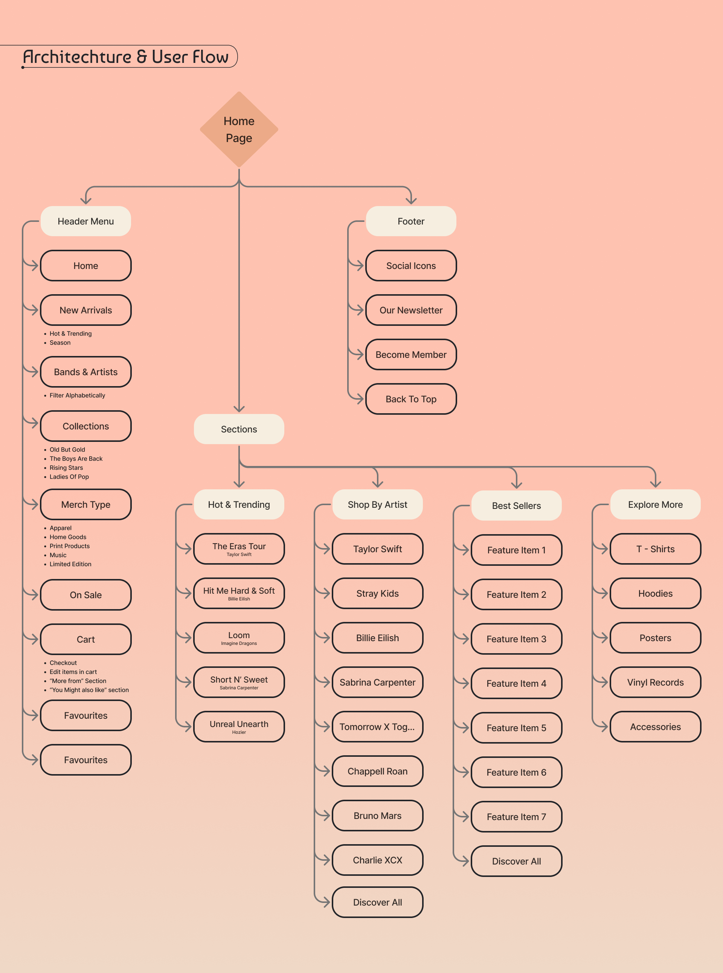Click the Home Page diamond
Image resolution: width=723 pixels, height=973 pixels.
(x=239, y=130)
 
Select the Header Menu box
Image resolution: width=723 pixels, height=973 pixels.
(x=86, y=221)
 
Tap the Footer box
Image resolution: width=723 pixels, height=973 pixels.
(x=410, y=221)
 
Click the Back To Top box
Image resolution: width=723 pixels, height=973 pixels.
(x=410, y=399)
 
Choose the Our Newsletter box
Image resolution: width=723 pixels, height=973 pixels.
(x=410, y=310)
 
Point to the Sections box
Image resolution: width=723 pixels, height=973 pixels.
(x=239, y=429)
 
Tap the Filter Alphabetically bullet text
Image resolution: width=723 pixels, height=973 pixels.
(x=77, y=396)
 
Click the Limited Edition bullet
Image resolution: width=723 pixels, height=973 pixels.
(x=70, y=564)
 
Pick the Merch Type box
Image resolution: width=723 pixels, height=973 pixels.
(x=86, y=505)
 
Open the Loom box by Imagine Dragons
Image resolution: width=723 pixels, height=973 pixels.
(x=239, y=638)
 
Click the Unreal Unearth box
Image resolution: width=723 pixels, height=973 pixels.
(x=239, y=727)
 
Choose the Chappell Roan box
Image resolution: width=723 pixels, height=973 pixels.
(x=377, y=771)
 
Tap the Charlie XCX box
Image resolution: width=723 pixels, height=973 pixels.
(x=377, y=860)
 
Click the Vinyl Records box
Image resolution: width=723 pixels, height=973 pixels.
(x=655, y=682)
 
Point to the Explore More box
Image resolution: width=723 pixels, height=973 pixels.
(x=655, y=505)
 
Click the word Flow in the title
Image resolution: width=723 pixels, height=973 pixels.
(x=210, y=57)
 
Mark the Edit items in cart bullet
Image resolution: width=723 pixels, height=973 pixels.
(x=73, y=672)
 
